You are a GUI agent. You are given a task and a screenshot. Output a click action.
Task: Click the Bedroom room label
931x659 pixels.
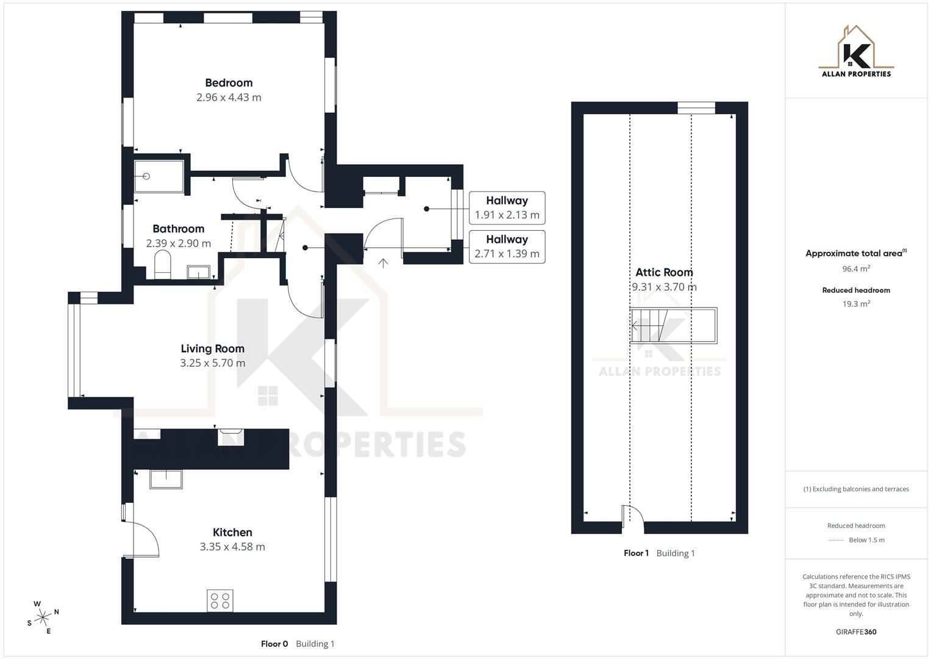[x=229, y=83]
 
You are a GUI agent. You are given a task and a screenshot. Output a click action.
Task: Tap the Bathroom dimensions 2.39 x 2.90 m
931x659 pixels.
[x=178, y=243]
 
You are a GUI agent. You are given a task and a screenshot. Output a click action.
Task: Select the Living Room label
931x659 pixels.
[x=212, y=348]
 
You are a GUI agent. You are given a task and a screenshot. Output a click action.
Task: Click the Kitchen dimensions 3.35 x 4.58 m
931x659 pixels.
[x=232, y=547]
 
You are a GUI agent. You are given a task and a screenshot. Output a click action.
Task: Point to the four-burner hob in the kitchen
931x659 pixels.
[x=219, y=600]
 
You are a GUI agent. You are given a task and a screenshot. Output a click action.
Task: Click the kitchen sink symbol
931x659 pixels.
[x=166, y=479]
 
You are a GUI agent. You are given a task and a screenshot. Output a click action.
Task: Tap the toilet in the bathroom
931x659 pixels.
[x=163, y=266]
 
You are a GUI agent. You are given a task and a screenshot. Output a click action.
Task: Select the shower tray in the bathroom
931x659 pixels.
[x=159, y=176]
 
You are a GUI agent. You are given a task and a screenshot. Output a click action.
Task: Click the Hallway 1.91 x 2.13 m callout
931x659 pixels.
[x=507, y=207]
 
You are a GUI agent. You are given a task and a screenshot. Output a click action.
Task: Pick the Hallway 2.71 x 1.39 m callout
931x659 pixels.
[x=507, y=247]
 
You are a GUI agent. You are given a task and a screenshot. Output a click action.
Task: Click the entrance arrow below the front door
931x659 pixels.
[x=383, y=263]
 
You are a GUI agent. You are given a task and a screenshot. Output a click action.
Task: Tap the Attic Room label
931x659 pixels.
[x=664, y=272]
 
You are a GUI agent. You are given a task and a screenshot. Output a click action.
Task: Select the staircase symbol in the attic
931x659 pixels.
[x=673, y=326]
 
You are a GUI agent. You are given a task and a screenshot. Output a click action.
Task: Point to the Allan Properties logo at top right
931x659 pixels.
[x=856, y=52]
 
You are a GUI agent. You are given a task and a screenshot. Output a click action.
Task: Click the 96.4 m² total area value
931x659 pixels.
[x=856, y=268]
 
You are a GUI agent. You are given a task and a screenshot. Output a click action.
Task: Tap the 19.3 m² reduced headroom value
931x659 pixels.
[x=856, y=304]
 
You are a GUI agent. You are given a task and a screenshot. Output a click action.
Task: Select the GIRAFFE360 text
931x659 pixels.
[x=856, y=632]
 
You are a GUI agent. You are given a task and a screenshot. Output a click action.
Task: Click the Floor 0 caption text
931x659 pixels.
[x=274, y=644]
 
